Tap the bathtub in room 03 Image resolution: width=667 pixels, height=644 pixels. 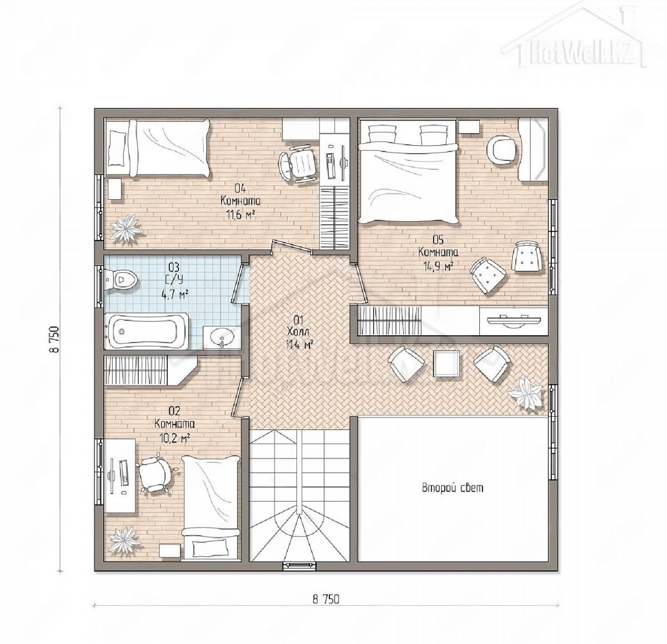click(146, 331)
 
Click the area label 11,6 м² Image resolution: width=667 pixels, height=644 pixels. click(240, 215)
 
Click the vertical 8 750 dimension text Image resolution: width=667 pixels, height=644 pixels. click(55, 339)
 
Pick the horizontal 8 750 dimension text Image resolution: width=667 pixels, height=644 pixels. click(326, 359)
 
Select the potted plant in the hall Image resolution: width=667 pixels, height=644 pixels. click(525, 393)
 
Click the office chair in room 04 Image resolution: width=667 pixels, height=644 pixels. click(297, 166)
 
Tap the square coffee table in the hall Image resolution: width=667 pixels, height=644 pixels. click(447, 363)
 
